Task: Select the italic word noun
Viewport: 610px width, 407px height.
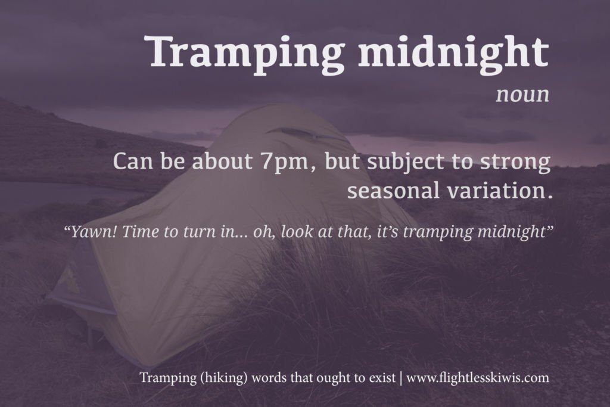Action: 522,95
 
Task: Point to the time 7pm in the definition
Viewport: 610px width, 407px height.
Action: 284,161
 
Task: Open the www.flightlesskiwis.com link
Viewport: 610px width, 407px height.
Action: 478,378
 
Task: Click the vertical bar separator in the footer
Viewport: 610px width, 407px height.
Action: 401,378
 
